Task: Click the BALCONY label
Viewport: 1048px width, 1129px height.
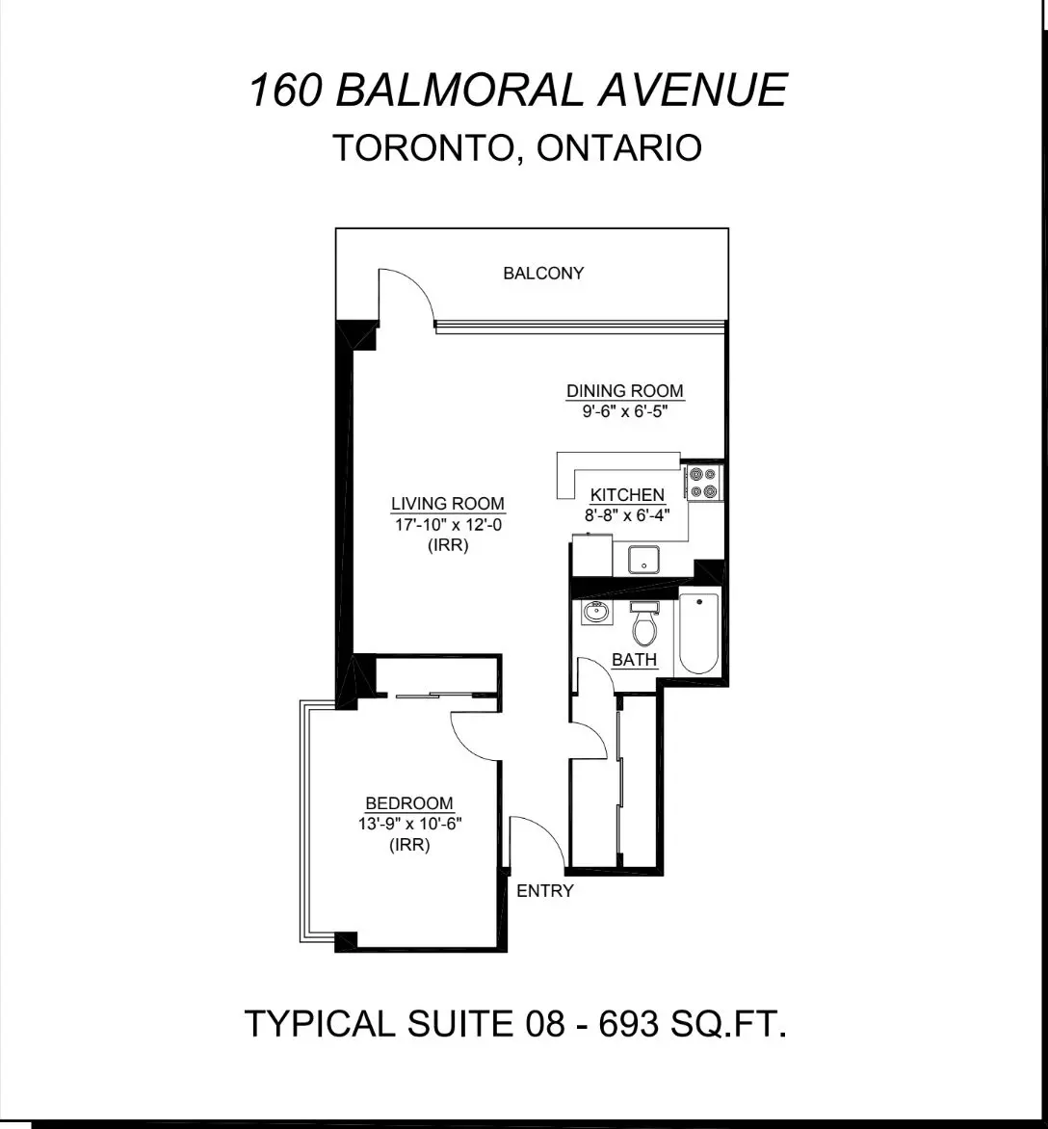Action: [x=543, y=274]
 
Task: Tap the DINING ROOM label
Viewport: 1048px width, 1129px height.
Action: [x=624, y=391]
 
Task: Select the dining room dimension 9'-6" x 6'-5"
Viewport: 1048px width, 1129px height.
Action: [x=624, y=410]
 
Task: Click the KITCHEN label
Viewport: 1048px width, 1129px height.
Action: [x=627, y=495]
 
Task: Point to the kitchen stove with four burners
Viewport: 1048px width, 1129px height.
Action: [x=702, y=483]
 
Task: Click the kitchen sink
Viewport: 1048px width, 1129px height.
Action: [x=642, y=560]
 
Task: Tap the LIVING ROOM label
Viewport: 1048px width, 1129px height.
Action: [x=448, y=504]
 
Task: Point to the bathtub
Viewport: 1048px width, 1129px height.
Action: [x=698, y=634]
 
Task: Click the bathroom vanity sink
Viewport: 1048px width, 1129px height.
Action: [x=596, y=612]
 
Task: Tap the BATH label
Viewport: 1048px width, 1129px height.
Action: [x=635, y=661]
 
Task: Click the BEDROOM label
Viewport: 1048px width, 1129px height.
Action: [x=409, y=803]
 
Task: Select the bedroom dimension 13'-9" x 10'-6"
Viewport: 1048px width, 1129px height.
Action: [x=409, y=824]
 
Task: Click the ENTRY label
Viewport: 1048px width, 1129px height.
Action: [x=545, y=891]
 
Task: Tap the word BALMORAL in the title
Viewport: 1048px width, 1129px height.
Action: [x=459, y=91]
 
